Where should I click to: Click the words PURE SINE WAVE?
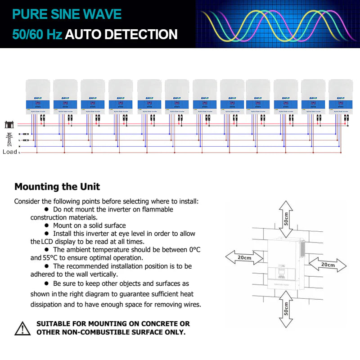[67, 14]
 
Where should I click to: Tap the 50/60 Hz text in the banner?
[37, 34]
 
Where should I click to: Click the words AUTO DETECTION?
[121, 34]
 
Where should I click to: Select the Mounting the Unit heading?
[57, 186]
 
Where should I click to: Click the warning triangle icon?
[22, 328]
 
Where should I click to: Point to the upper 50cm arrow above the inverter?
[285, 218]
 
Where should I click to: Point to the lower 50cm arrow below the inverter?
[285, 308]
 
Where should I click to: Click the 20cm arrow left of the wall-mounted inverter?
[244, 257]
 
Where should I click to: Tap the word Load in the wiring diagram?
[10, 152]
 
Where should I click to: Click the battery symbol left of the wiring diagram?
[9, 124]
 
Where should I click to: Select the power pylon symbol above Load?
[9, 138]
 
